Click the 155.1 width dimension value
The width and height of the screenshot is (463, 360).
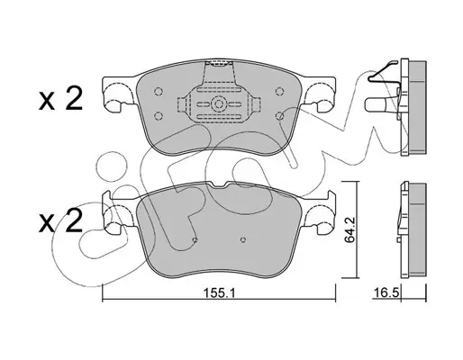(x=219, y=292)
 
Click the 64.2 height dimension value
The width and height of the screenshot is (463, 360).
(x=350, y=230)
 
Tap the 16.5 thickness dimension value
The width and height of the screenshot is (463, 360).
(x=386, y=293)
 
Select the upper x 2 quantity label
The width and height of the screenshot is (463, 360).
(x=61, y=99)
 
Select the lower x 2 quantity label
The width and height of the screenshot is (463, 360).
(x=61, y=221)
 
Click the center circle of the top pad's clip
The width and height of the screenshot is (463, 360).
(x=218, y=104)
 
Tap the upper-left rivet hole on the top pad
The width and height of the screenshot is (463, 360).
(x=158, y=91)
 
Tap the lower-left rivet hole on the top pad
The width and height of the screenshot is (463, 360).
(x=158, y=115)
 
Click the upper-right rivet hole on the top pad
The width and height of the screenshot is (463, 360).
(x=280, y=91)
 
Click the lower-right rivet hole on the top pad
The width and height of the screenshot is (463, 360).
(x=280, y=116)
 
